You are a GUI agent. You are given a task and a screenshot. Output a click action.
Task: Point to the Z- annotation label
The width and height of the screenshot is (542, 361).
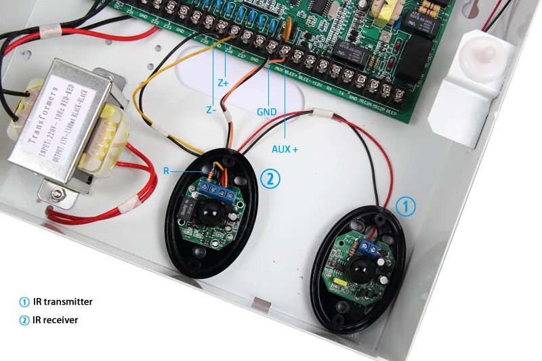pyautogui.click(x=211, y=110)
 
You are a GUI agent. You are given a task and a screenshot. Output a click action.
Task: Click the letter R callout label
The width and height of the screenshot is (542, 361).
pyautogui.click(x=166, y=171)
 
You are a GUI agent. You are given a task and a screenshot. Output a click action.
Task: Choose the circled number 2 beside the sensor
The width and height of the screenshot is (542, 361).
pyautogui.click(x=269, y=179)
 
